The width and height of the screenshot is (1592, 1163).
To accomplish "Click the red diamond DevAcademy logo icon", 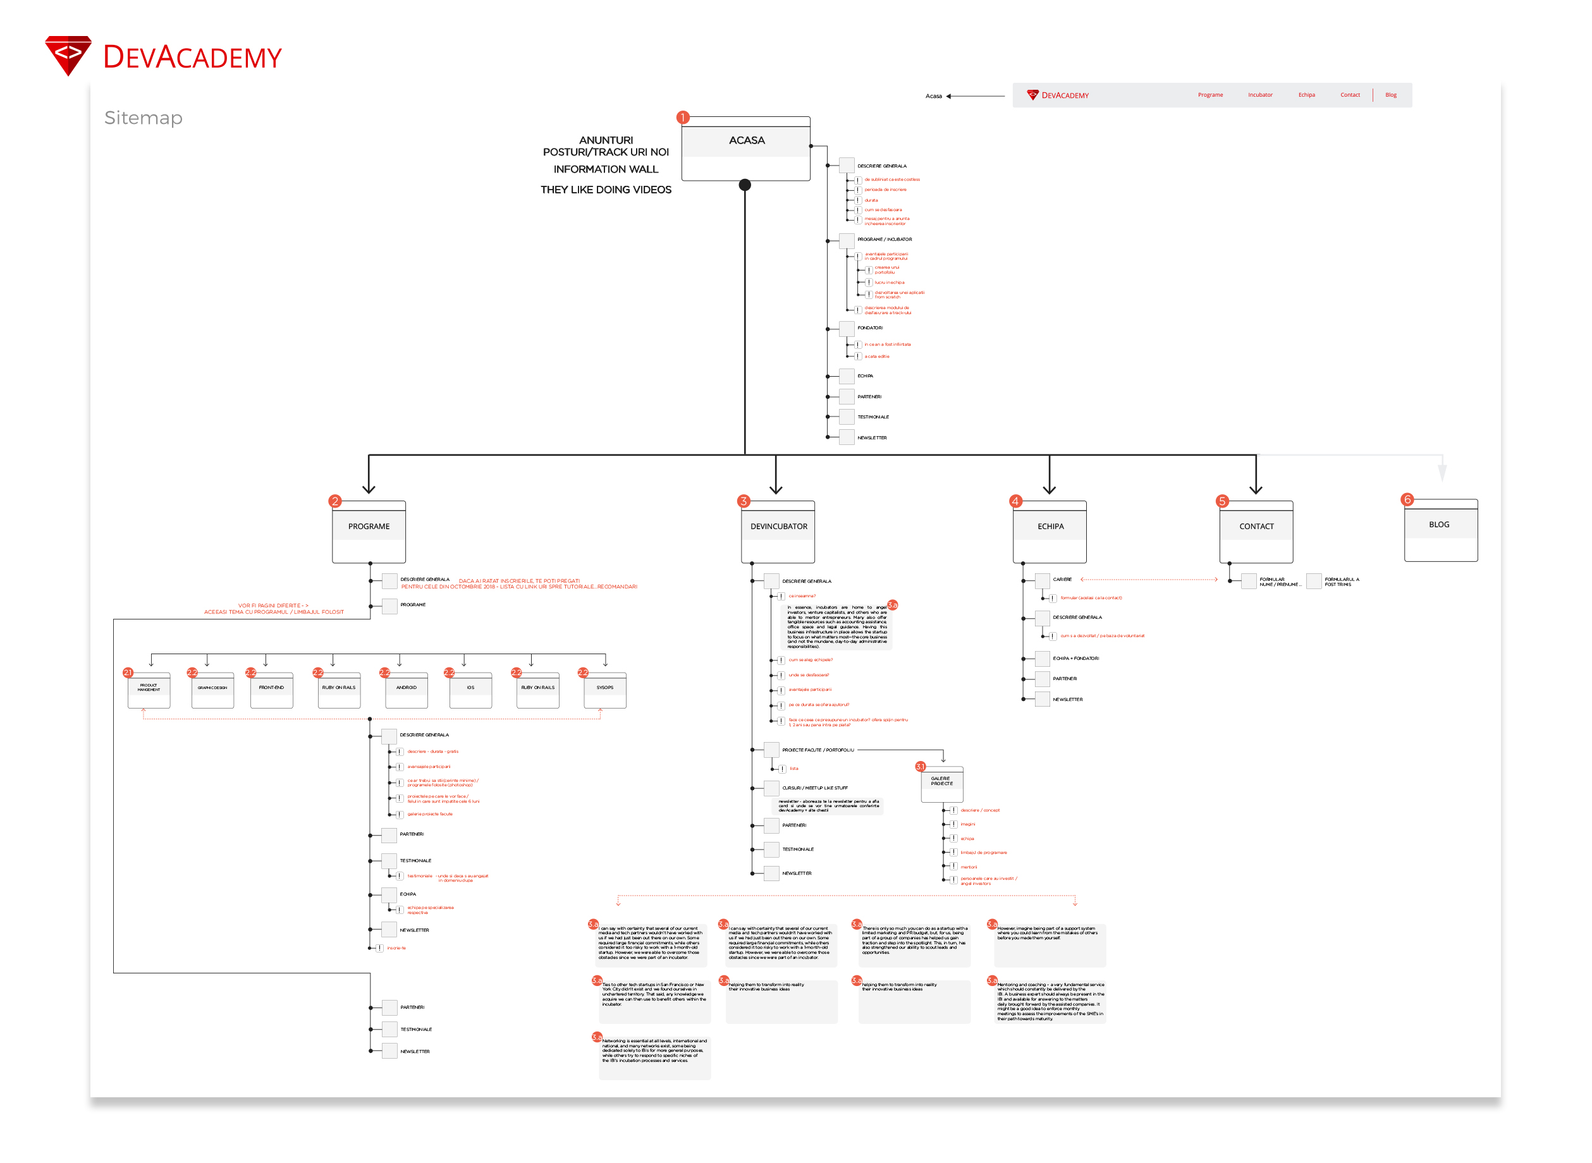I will [x=68, y=55].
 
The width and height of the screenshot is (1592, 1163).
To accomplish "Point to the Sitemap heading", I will [x=143, y=118].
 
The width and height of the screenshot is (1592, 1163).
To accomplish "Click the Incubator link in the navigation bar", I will [x=1259, y=95].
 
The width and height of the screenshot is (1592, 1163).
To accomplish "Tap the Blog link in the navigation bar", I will [x=1390, y=95].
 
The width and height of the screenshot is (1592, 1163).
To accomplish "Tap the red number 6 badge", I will [x=1407, y=500].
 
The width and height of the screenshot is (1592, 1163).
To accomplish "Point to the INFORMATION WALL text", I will [x=606, y=169].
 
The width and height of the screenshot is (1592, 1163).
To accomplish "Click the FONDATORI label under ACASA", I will [x=869, y=328].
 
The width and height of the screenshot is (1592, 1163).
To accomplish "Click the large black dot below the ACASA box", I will [x=745, y=185].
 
